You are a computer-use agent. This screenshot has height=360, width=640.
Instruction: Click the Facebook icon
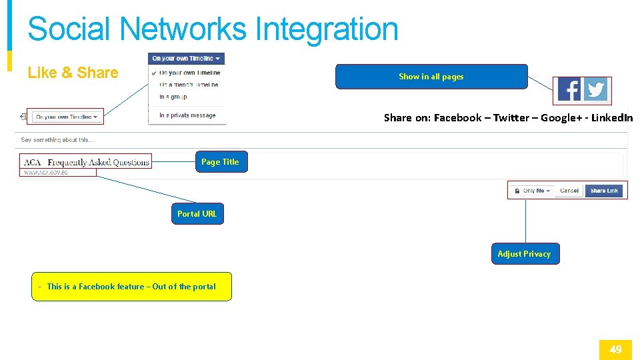(x=569, y=90)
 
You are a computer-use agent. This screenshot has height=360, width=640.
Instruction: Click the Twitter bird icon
(x=595, y=90)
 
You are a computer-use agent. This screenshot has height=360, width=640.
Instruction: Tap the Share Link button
(x=604, y=191)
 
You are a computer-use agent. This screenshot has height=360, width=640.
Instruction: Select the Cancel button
(x=569, y=191)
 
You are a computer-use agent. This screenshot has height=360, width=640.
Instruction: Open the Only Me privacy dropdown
(x=537, y=191)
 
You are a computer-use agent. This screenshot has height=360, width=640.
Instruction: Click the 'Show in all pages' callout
(x=431, y=77)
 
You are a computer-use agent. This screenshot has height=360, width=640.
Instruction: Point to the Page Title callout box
(x=221, y=162)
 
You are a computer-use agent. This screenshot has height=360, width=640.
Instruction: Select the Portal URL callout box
(x=197, y=214)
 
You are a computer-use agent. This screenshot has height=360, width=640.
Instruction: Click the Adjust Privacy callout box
(x=525, y=254)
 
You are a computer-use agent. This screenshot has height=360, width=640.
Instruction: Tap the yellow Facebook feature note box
(x=131, y=287)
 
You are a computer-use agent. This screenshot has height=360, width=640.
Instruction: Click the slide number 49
(x=615, y=349)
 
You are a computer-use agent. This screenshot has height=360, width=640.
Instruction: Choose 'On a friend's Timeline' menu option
(x=189, y=85)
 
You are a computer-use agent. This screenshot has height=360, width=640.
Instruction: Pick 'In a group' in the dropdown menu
(x=173, y=97)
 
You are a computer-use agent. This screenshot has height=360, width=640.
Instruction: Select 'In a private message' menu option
(x=187, y=115)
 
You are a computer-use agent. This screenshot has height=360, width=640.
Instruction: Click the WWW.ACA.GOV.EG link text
(x=46, y=173)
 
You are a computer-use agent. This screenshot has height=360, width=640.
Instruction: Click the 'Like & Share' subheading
(x=73, y=73)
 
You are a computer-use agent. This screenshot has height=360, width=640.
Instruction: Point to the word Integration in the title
(x=327, y=29)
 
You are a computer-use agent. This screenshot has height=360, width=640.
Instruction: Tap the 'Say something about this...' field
(x=57, y=140)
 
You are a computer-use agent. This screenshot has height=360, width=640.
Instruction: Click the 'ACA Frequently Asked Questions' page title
(x=87, y=162)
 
